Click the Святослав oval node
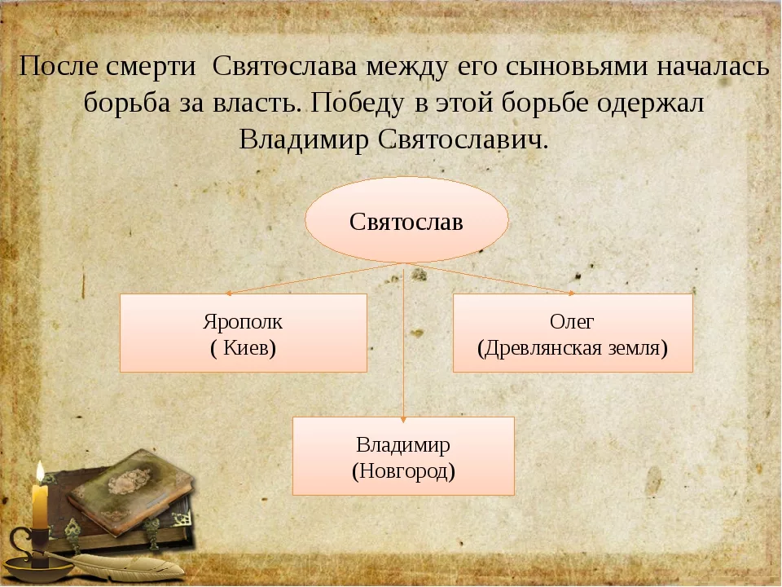click(406, 221)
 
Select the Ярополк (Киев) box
click(243, 333)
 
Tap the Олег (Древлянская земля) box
click(572, 333)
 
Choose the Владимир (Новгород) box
click(403, 456)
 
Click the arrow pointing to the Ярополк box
click(310, 278)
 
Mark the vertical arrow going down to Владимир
click(404, 342)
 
